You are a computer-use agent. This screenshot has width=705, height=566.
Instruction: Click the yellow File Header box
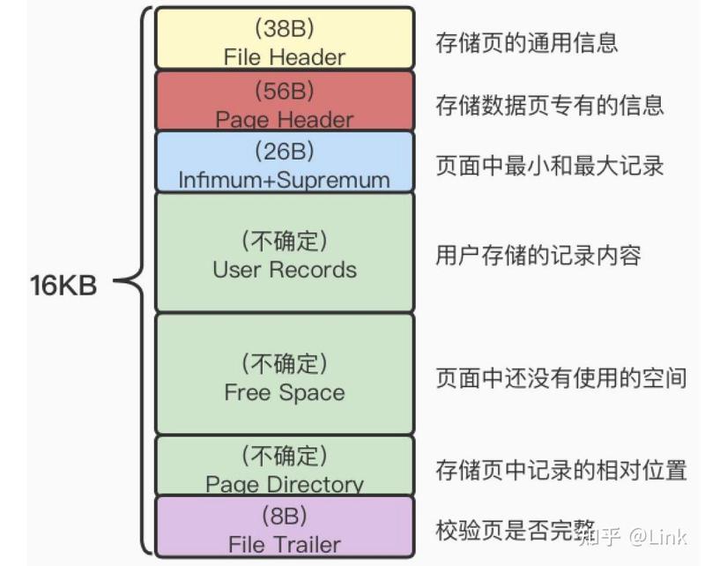(x=284, y=38)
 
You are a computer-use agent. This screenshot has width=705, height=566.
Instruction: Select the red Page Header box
(x=284, y=101)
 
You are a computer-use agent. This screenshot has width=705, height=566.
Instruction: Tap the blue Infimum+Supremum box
(x=284, y=162)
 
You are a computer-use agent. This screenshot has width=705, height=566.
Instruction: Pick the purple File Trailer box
(x=284, y=527)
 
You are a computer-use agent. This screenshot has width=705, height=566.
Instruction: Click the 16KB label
(x=63, y=286)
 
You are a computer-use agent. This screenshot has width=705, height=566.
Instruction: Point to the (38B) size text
(x=285, y=28)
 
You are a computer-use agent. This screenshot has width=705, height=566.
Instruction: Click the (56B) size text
(x=285, y=91)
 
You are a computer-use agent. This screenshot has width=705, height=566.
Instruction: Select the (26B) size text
(x=285, y=151)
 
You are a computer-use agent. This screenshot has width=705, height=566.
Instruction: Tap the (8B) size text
(x=285, y=515)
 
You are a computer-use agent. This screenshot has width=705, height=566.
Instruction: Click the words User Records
(x=285, y=270)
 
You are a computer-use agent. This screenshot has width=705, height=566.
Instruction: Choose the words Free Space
(x=285, y=392)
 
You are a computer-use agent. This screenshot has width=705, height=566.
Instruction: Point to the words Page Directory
(x=285, y=484)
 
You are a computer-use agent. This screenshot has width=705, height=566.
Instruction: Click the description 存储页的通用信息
(x=526, y=42)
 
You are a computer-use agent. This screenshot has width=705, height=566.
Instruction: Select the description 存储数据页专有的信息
(x=549, y=105)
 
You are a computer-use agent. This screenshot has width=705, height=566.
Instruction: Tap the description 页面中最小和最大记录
(x=549, y=166)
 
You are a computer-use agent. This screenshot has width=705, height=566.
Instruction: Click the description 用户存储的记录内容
(x=538, y=256)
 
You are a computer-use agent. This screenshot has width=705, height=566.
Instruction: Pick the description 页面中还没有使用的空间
(x=561, y=377)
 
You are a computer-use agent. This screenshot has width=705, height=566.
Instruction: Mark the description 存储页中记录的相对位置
(x=561, y=470)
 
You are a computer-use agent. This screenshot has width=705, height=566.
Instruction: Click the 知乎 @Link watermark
(x=634, y=537)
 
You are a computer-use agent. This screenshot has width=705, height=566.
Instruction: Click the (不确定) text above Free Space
(x=285, y=363)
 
